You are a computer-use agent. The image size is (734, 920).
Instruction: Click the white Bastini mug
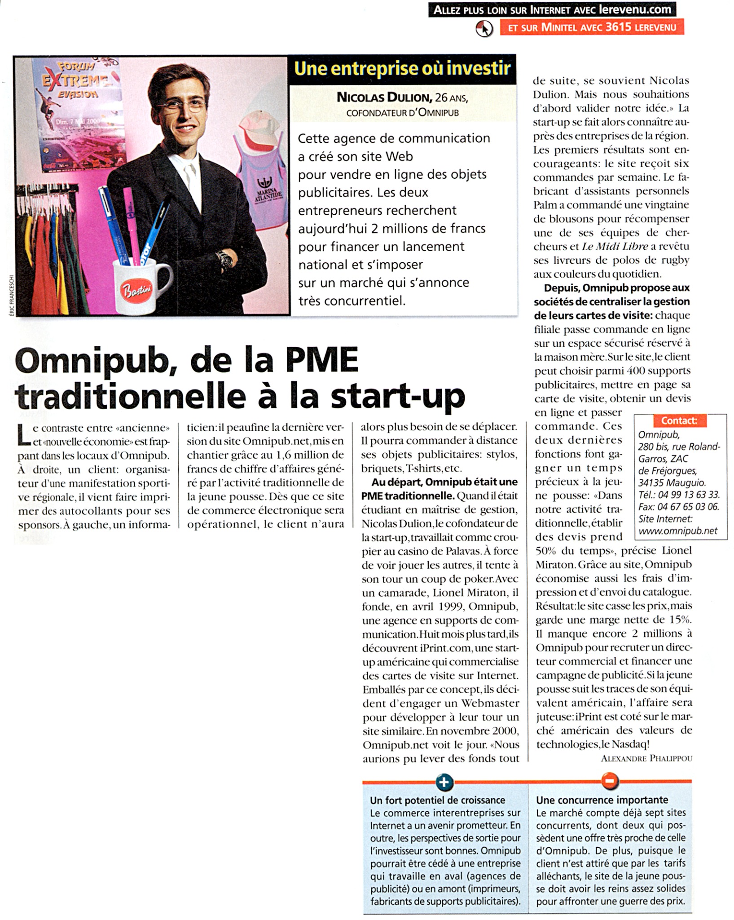(139, 287)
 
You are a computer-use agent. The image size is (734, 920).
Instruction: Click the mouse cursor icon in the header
(484, 29)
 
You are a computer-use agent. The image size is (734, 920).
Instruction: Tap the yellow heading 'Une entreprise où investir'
(402, 69)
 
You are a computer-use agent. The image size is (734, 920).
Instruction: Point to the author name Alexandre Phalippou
(646, 759)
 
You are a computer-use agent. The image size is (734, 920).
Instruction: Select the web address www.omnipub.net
(677, 531)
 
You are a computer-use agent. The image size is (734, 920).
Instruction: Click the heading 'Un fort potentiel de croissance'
(437, 800)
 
